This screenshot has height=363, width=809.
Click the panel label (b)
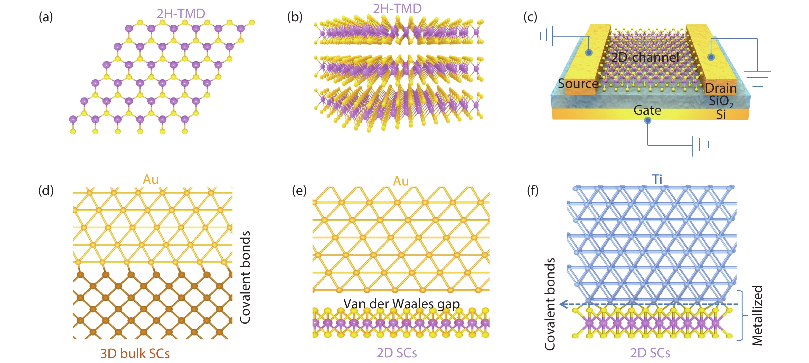tap(295, 17)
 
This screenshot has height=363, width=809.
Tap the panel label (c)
tap(530, 17)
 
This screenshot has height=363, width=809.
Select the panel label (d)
tap(46, 190)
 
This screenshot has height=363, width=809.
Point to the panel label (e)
tap(299, 190)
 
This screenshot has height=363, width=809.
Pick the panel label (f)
tap(533, 190)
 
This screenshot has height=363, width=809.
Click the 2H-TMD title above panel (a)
tap(181, 14)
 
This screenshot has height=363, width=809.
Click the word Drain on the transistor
tap(721, 89)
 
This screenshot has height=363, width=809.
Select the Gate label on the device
tap(647, 110)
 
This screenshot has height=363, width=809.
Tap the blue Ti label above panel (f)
tap(657, 180)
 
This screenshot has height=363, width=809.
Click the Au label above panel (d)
tap(151, 180)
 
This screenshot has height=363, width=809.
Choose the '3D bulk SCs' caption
tap(135, 354)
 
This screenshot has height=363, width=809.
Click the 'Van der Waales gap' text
tap(401, 304)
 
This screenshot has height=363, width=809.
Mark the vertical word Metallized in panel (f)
tap(757, 315)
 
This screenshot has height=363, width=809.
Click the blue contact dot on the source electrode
tap(589, 52)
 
